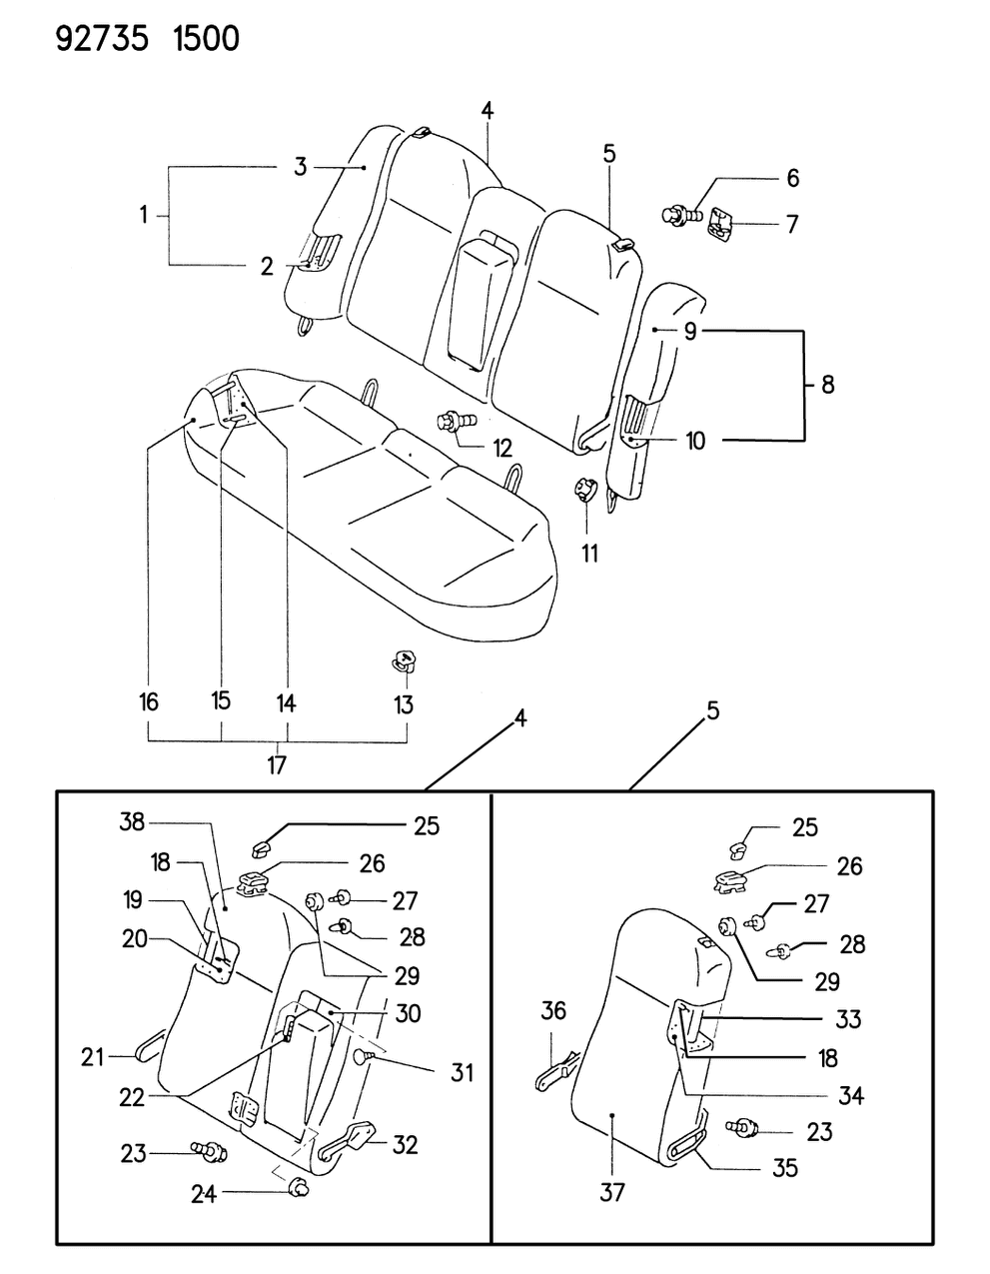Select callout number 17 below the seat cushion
point(277,765)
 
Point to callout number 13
point(403,704)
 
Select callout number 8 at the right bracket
point(827,384)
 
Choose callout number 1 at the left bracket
point(144,214)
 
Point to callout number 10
point(695,441)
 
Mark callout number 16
point(149,702)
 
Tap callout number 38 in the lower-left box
point(132,822)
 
